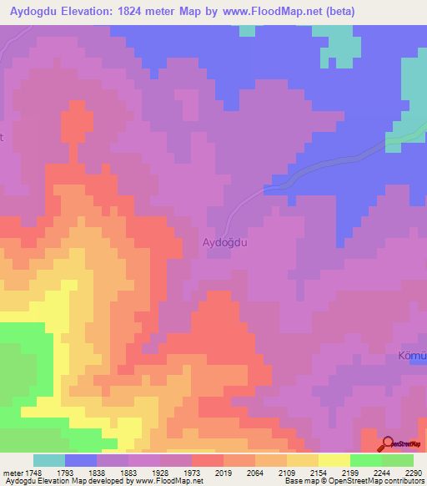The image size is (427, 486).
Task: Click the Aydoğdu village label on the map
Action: pos(227,242)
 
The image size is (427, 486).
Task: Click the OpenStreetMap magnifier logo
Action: pos(388,444)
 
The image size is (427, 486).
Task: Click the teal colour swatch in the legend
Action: pos(49,460)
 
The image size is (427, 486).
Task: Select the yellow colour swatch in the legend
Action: pos(334,460)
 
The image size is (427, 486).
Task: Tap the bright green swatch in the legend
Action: pos(365,460)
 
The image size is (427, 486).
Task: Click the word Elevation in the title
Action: pos(89,12)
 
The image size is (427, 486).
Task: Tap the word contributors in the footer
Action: pos(403,482)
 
